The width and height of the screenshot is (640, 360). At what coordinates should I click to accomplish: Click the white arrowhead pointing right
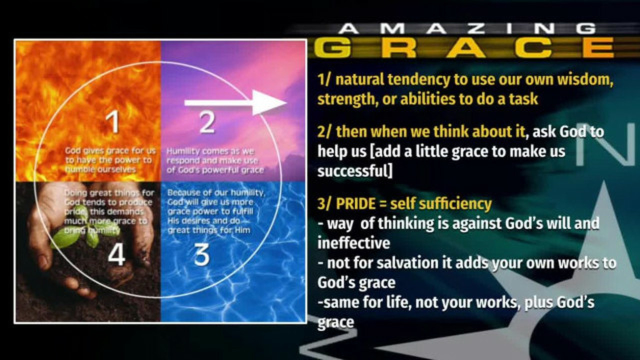268,103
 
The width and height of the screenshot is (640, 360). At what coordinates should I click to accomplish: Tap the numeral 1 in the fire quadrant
113,122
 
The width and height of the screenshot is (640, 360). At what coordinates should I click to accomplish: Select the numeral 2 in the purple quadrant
207,122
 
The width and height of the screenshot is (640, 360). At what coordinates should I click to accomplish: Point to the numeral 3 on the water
201,255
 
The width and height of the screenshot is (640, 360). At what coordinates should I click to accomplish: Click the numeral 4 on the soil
116,255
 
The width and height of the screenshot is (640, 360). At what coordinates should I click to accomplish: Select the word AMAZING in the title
467,29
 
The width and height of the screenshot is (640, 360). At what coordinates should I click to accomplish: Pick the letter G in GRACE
332,47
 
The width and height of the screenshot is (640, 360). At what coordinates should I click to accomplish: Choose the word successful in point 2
355,171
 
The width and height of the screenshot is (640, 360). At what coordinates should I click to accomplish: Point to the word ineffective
354,243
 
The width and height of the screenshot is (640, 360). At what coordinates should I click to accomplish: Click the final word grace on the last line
336,323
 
